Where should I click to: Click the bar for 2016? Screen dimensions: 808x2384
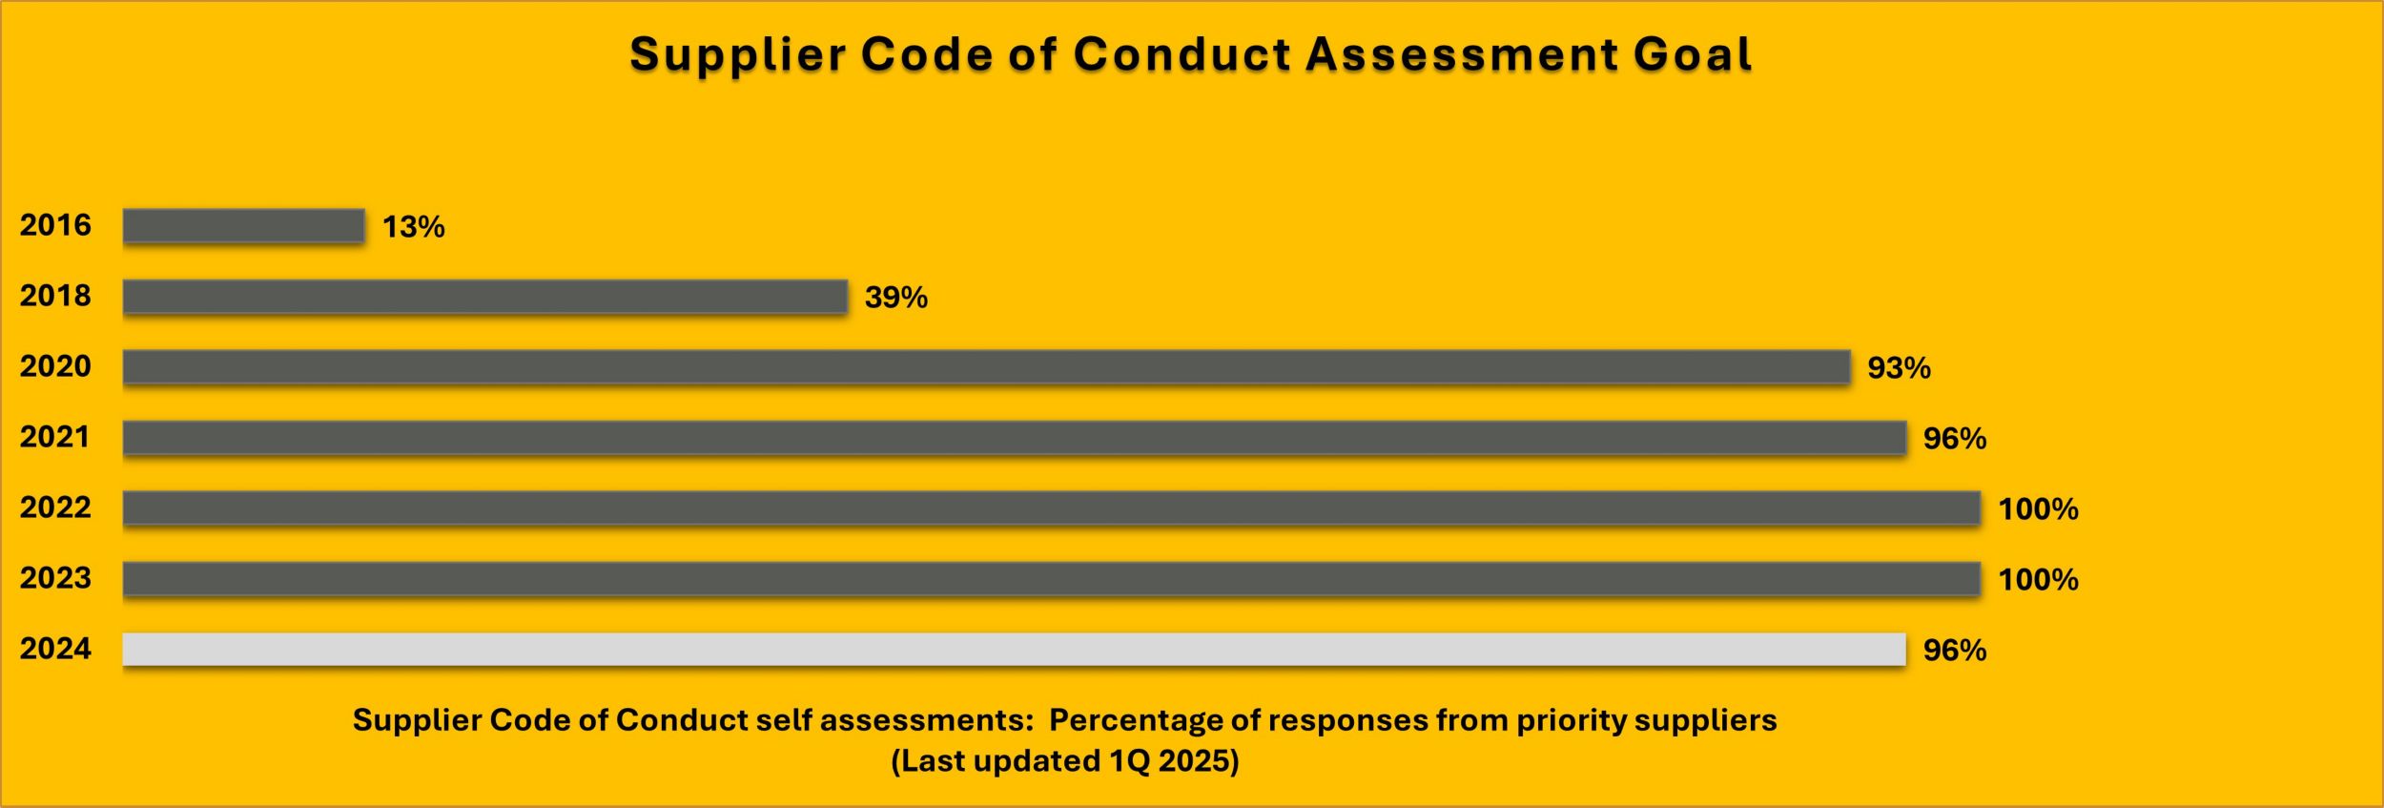click(243, 226)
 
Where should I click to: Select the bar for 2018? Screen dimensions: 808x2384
click(484, 297)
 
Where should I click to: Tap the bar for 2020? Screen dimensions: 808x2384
click(986, 367)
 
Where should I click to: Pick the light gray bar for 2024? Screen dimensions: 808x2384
click(1014, 650)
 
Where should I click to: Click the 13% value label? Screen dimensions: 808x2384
click(413, 227)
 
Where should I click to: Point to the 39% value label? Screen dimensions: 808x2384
click(895, 298)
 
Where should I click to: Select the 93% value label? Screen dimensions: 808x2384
click(1899, 368)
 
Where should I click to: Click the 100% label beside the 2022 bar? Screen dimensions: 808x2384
click(2038, 509)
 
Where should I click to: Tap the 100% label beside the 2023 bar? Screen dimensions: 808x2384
click(2038, 580)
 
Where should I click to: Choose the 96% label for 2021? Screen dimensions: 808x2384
click(1954, 439)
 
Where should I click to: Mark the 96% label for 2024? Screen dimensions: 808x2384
click(1954, 651)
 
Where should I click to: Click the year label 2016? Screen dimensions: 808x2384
click(55, 225)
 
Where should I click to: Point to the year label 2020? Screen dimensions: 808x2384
click(55, 366)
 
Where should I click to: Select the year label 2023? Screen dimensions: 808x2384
click(55, 578)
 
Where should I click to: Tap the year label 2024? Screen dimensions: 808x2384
click(55, 649)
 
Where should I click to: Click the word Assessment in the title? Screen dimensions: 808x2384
click(1462, 54)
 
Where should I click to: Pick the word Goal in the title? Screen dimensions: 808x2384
click(1693, 54)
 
